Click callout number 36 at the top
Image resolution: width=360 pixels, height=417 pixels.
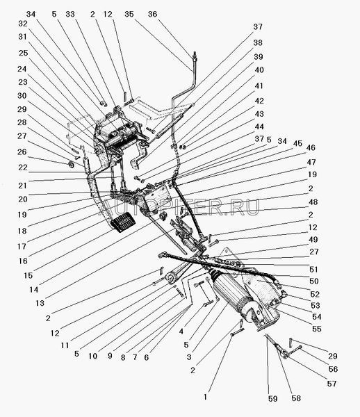(x=153, y=14)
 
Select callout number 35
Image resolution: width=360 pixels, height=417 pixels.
(x=129, y=14)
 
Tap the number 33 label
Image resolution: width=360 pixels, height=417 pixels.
(x=70, y=14)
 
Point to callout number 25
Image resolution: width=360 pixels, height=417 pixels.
(x=23, y=53)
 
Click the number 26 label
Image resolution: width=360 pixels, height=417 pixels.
(x=22, y=152)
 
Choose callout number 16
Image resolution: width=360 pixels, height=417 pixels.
(x=23, y=261)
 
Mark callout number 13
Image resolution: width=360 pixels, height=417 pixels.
(x=40, y=303)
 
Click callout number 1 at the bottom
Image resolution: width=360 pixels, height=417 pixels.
(x=205, y=397)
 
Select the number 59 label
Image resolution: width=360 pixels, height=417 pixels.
(x=273, y=399)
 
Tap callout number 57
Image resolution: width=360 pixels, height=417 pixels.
(x=332, y=384)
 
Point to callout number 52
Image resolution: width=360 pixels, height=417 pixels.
(x=315, y=294)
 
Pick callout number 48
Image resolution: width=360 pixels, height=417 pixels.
(x=313, y=202)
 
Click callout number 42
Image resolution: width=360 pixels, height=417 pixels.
(x=259, y=101)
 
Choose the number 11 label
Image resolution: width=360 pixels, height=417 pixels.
(x=65, y=345)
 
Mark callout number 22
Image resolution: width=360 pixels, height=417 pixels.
(x=23, y=167)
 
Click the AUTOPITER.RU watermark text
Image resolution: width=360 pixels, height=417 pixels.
(x=180, y=207)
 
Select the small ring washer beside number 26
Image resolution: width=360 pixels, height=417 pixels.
(x=72, y=165)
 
